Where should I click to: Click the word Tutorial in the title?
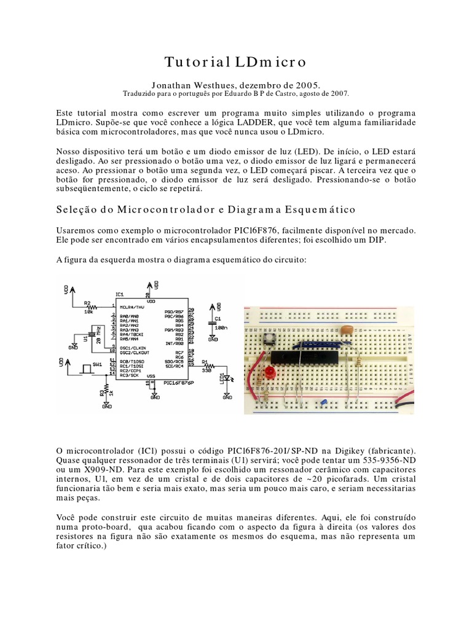[x=197, y=62]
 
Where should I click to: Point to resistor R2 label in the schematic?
[x=87, y=303]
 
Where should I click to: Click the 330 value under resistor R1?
[x=206, y=370]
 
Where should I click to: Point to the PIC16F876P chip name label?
[x=175, y=383]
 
